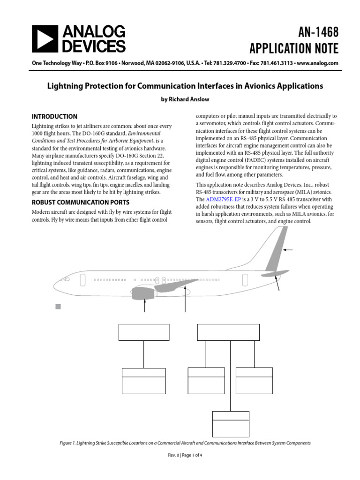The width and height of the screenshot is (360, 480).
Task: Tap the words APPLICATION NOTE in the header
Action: click(x=294, y=48)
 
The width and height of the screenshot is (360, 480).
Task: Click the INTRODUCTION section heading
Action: click(x=54, y=117)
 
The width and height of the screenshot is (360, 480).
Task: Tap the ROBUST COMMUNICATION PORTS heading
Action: click(x=81, y=203)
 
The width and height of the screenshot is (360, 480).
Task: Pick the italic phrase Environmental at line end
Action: click(x=142, y=134)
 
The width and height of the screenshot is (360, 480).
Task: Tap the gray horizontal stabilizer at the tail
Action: click(x=276, y=273)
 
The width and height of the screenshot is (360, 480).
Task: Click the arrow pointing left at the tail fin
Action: click(x=287, y=250)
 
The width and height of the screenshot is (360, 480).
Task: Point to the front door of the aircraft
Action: click(x=82, y=280)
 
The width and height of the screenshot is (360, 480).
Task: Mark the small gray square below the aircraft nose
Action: click(x=58, y=307)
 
